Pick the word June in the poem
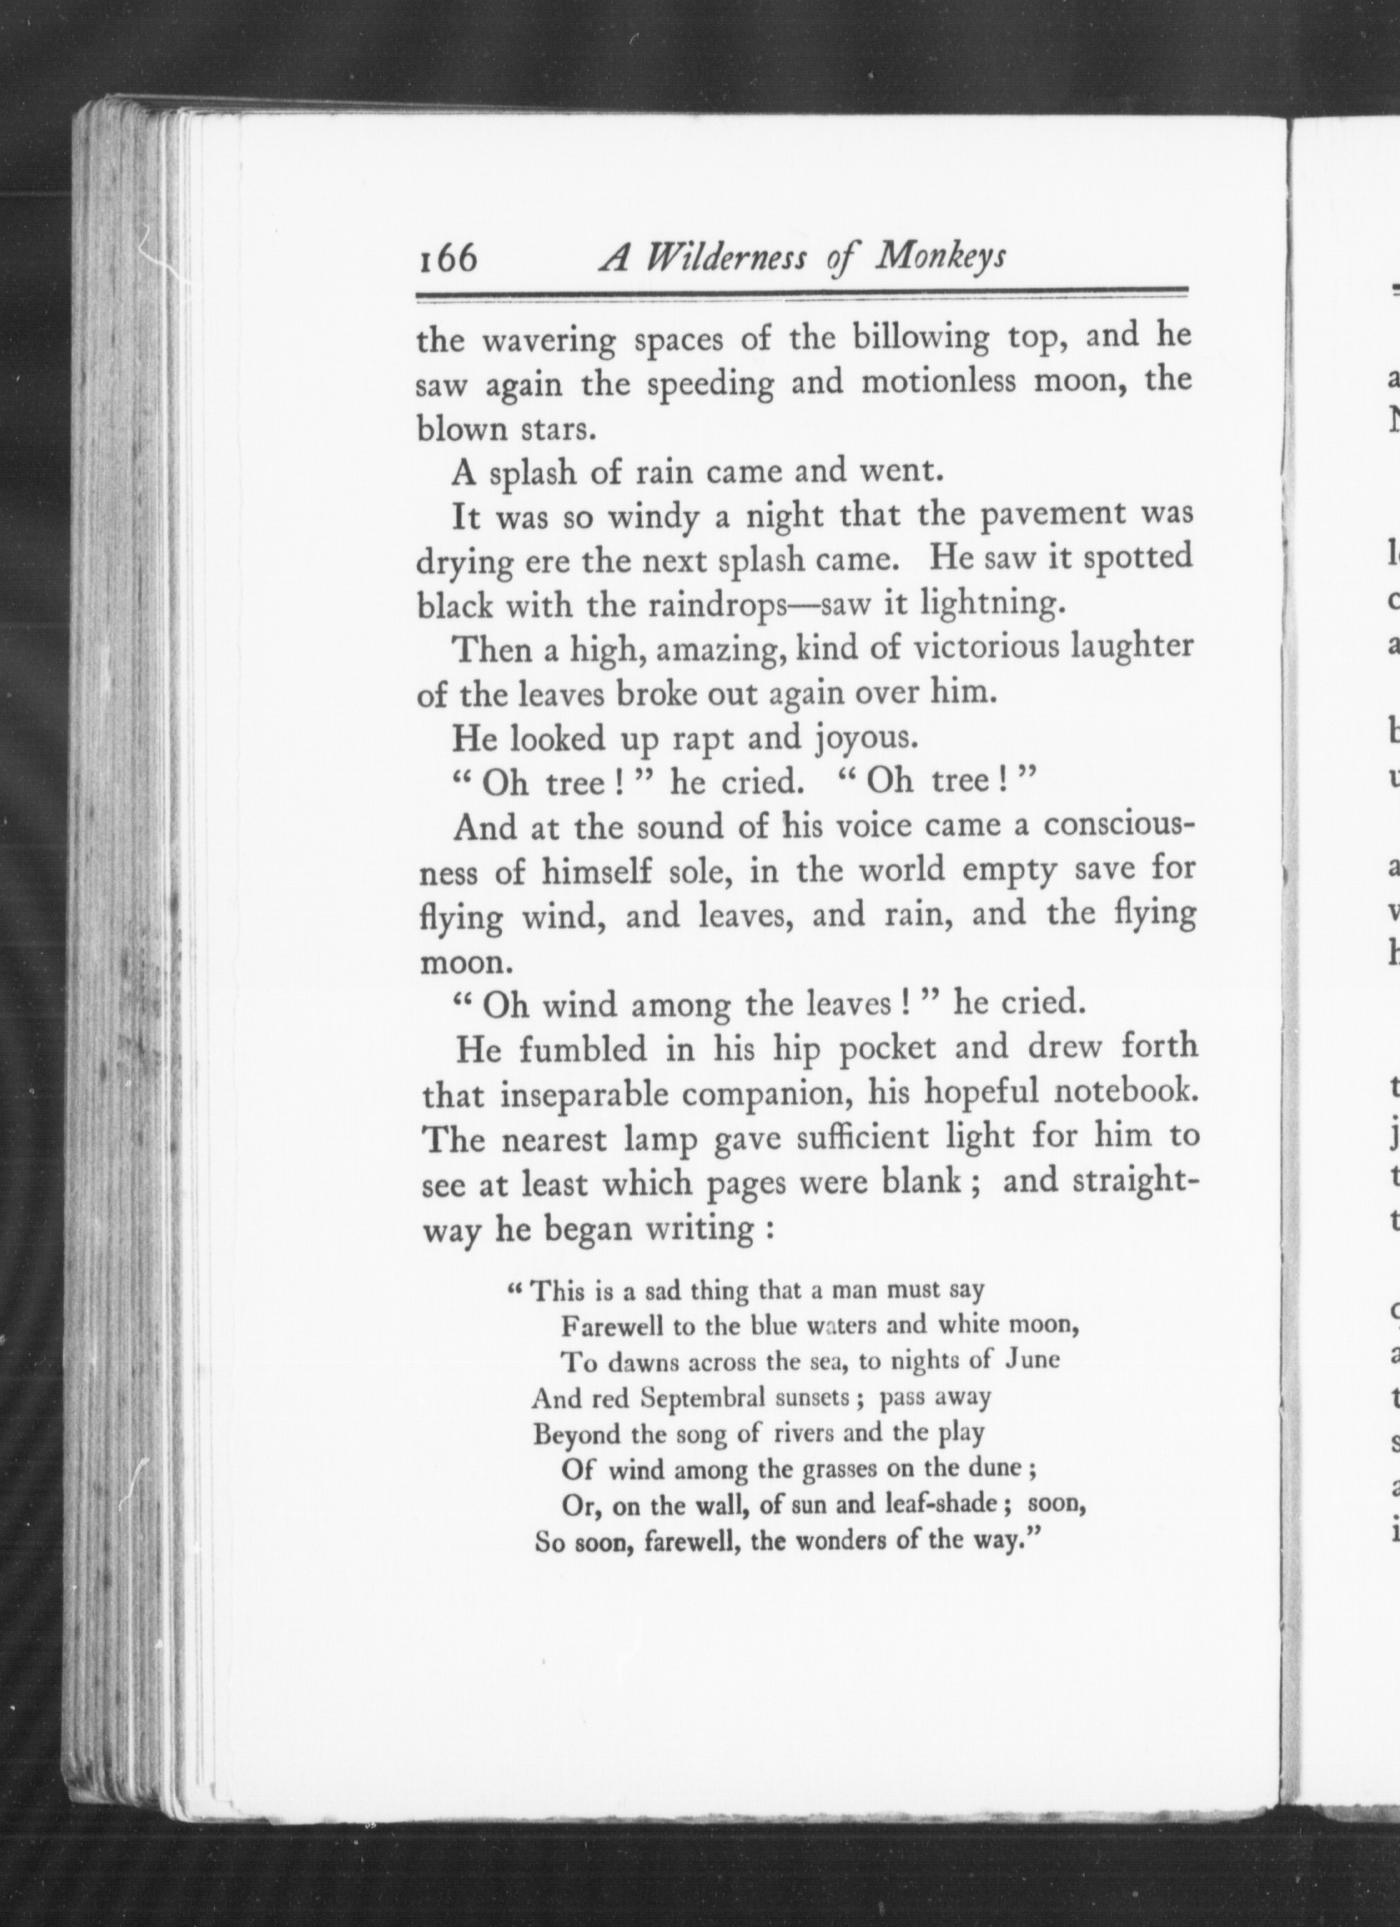tap(1031, 1361)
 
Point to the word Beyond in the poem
tap(572, 1434)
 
